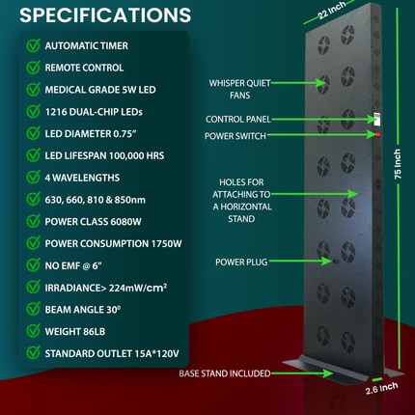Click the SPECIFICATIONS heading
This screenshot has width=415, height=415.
(x=105, y=14)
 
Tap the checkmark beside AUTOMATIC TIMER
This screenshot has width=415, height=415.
(x=33, y=45)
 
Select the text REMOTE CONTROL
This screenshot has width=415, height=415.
(x=84, y=68)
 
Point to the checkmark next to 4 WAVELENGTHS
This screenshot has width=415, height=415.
(x=33, y=178)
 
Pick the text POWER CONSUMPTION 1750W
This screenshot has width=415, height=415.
(x=113, y=244)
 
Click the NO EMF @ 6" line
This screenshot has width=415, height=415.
(x=73, y=265)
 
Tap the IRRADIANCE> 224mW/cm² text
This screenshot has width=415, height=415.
(x=106, y=288)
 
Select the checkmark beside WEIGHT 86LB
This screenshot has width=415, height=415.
(x=33, y=331)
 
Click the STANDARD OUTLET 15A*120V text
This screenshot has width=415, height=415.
(x=112, y=353)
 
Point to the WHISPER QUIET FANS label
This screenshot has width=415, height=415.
(x=240, y=89)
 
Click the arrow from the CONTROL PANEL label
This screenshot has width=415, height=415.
(x=325, y=120)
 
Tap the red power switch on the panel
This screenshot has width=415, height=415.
(x=377, y=134)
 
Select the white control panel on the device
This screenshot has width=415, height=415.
(x=376, y=119)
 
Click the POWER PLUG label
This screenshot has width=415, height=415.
(x=241, y=263)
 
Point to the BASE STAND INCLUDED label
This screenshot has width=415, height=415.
(x=225, y=373)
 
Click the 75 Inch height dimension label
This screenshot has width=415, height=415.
(x=398, y=164)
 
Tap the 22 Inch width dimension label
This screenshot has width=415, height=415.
(x=332, y=10)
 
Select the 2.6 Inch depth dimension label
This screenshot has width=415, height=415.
(x=382, y=388)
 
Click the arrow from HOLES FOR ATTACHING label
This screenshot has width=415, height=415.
(x=315, y=194)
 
